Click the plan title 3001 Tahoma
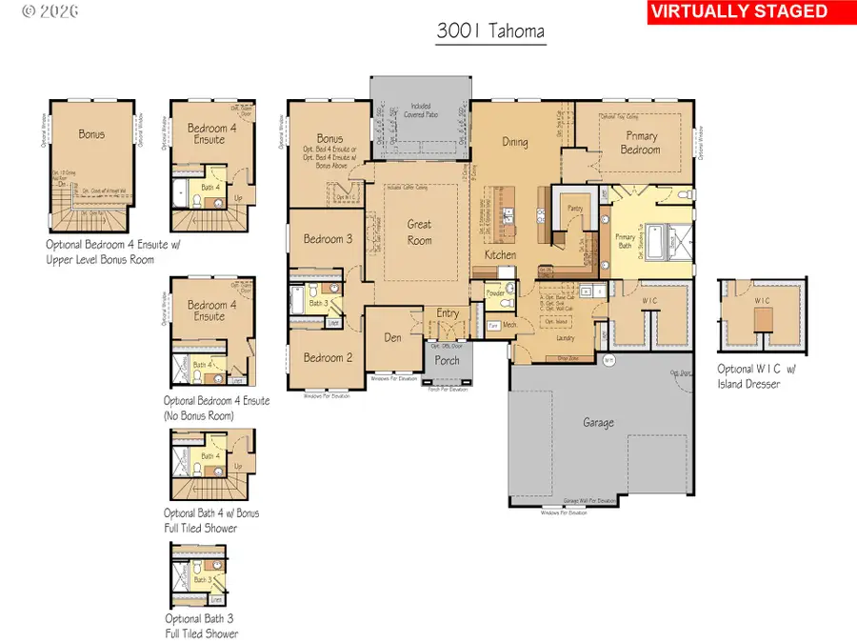490,30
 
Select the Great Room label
419,231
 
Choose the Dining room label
515,142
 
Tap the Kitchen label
501,255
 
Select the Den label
393,336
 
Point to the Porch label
447,360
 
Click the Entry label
448,313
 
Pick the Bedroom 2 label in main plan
329,357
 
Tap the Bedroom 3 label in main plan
329,238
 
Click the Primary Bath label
626,243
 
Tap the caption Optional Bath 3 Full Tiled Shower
201,626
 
